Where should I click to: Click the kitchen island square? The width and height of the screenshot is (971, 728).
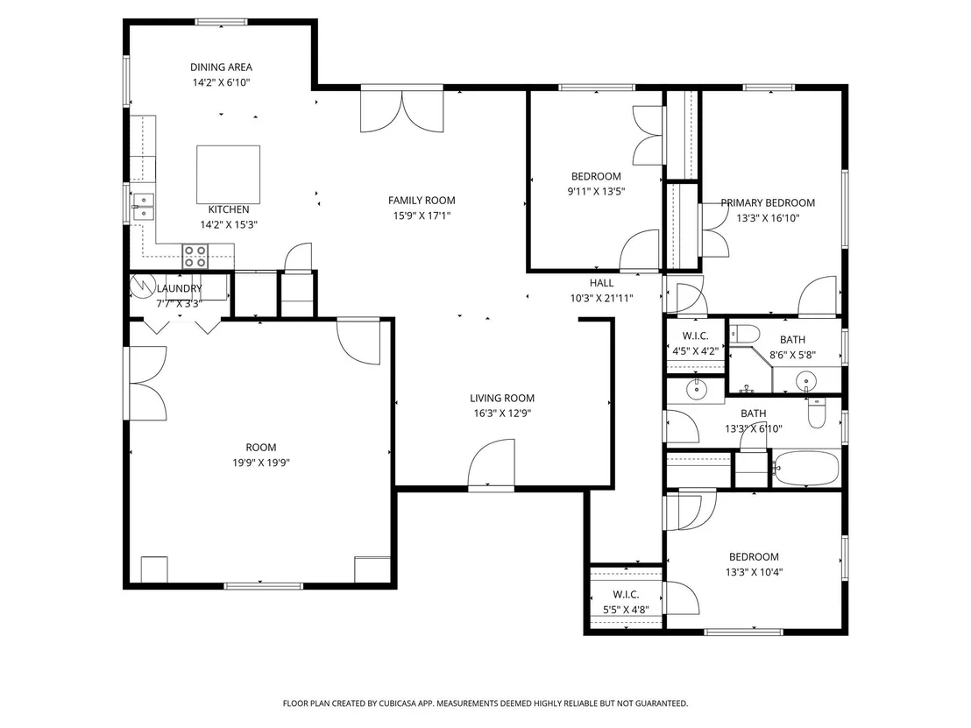(x=228, y=174)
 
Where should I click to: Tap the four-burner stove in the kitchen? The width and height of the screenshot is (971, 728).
(x=195, y=257)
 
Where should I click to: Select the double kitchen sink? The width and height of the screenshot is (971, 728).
(x=143, y=207)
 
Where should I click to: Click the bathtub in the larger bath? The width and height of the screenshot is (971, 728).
(x=805, y=469)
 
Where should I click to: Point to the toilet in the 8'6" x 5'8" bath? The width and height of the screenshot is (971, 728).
(x=744, y=335)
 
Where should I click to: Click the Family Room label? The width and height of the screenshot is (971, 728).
(x=422, y=201)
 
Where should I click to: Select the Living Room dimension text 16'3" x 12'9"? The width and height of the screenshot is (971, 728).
(x=502, y=413)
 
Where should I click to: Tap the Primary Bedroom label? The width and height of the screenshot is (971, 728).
(x=768, y=203)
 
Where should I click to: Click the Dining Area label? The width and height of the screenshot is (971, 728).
(x=221, y=67)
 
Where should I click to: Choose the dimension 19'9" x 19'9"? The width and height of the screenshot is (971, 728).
(x=261, y=463)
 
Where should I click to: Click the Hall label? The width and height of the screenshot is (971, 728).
(x=601, y=283)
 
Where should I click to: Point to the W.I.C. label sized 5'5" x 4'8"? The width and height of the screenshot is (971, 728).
(x=626, y=595)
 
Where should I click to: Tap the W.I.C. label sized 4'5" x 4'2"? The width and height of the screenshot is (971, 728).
(x=696, y=336)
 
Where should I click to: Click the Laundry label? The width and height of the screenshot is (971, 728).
(x=179, y=288)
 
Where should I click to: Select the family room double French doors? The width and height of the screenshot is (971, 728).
(x=402, y=111)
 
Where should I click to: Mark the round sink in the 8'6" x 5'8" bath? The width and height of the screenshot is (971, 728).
(x=806, y=380)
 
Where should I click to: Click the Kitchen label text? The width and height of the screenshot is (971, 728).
(x=229, y=210)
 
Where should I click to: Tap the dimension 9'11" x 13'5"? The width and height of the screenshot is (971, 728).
(x=596, y=192)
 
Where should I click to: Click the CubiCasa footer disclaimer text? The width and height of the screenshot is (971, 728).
(x=485, y=703)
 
